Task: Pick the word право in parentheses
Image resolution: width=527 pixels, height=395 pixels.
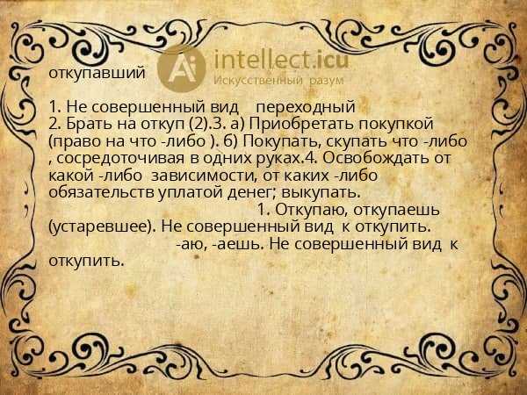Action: pos(75,140)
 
